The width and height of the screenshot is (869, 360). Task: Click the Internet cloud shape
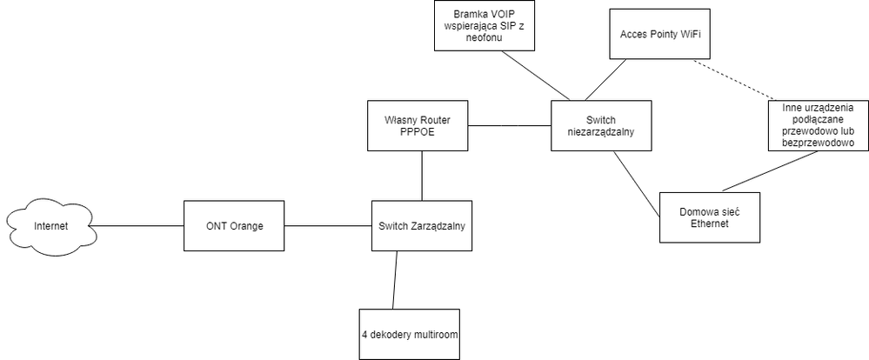tap(50, 227)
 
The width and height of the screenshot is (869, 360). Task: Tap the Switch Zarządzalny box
tap(423, 227)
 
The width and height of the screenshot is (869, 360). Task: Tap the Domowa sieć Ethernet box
tap(709, 218)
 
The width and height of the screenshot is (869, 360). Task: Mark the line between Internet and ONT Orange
tap(137, 227)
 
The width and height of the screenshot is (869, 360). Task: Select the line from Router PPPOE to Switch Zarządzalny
tap(423, 177)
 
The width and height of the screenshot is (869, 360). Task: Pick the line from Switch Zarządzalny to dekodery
tap(395, 280)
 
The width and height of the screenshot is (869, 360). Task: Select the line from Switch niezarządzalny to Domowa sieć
tap(636, 183)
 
